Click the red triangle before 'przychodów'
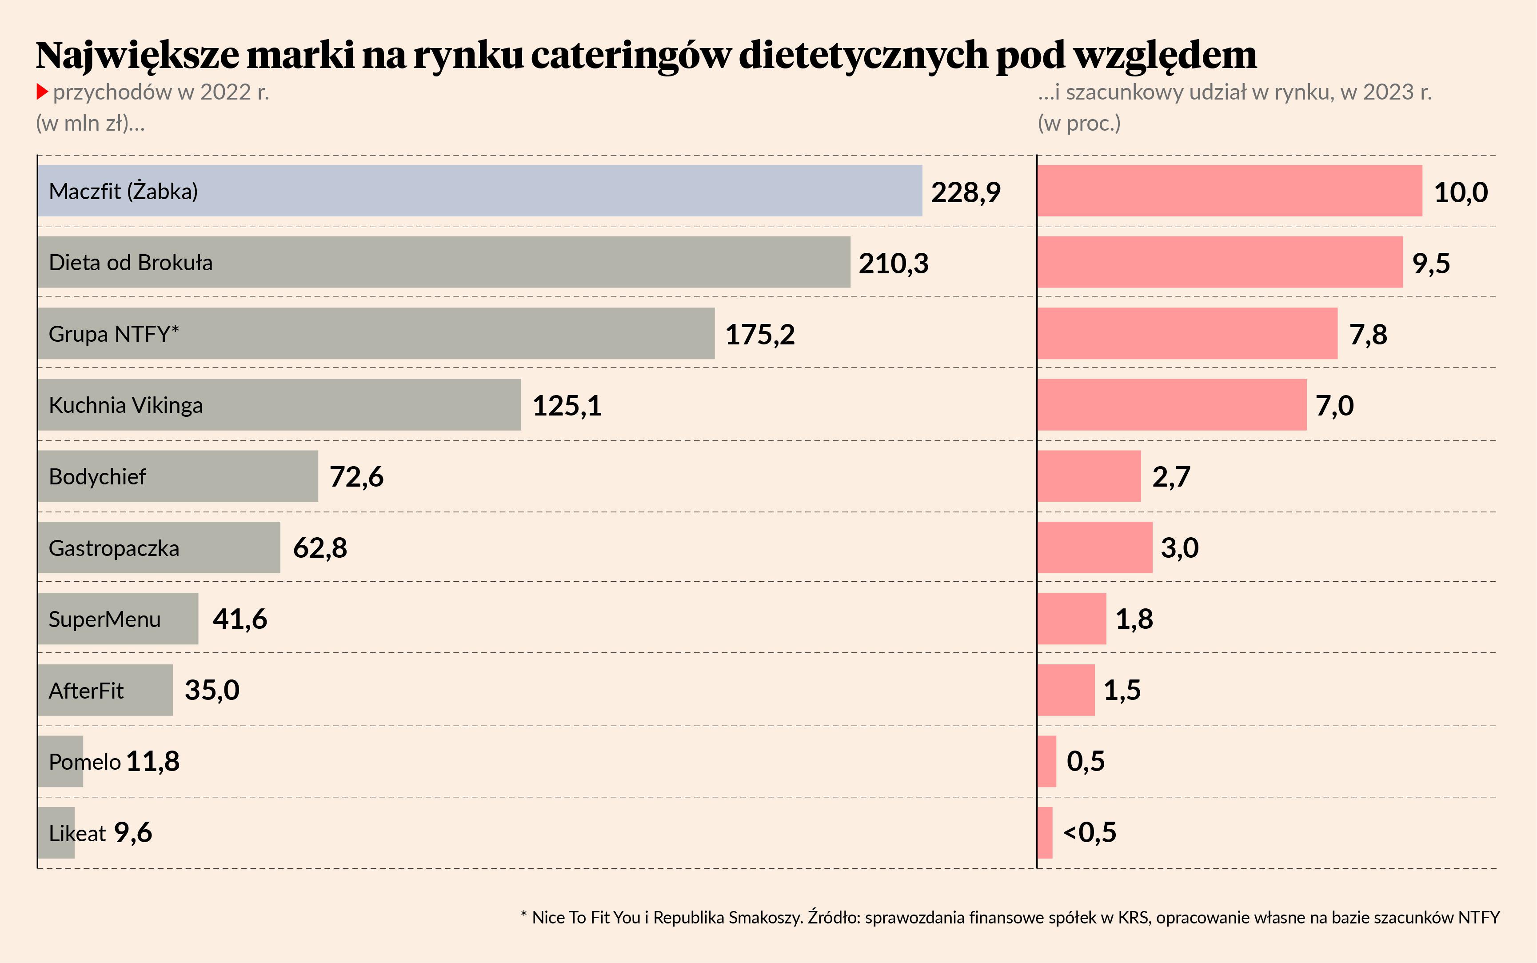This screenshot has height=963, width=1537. (42, 92)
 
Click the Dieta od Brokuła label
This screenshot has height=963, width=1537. (131, 262)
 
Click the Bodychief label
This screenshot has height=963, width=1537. (97, 476)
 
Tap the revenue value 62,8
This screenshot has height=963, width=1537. (319, 548)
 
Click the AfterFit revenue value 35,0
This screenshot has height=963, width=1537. (212, 690)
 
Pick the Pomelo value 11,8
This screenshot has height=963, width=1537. (153, 761)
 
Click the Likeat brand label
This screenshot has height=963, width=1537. (77, 833)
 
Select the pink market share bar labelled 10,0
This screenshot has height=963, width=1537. (1229, 191)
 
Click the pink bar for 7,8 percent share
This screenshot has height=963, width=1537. (1187, 334)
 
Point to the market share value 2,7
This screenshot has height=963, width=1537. (1171, 476)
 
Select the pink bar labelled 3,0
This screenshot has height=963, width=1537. (1095, 548)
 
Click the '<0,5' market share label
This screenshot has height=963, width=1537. (1090, 832)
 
